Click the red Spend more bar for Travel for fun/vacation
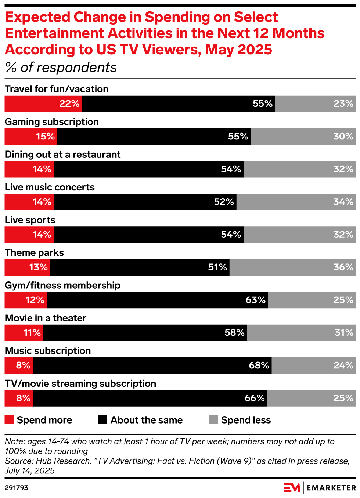43,104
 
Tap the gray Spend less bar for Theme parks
292,268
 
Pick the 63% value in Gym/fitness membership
255,300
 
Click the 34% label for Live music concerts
343,202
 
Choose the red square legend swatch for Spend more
9,420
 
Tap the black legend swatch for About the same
102,420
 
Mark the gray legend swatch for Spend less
213,420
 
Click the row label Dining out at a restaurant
62,155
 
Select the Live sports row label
30,220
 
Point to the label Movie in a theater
46,318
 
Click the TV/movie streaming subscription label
80,384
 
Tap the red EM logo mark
292,488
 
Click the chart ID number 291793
17,488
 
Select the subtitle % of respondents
61,68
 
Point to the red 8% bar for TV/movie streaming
19,398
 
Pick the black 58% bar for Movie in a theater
145,333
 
